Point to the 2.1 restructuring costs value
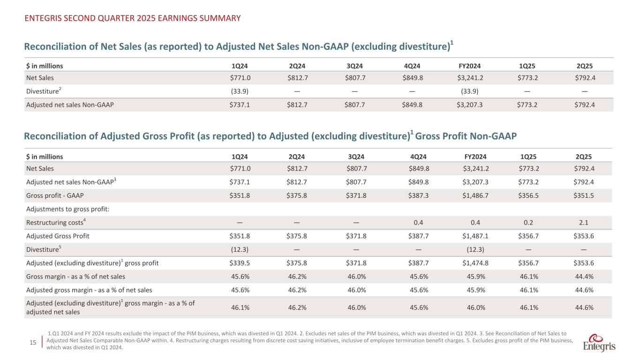[x=584, y=223]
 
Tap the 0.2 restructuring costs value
[x=527, y=223]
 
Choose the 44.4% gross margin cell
[x=584, y=277]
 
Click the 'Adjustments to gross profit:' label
[x=68, y=209]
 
